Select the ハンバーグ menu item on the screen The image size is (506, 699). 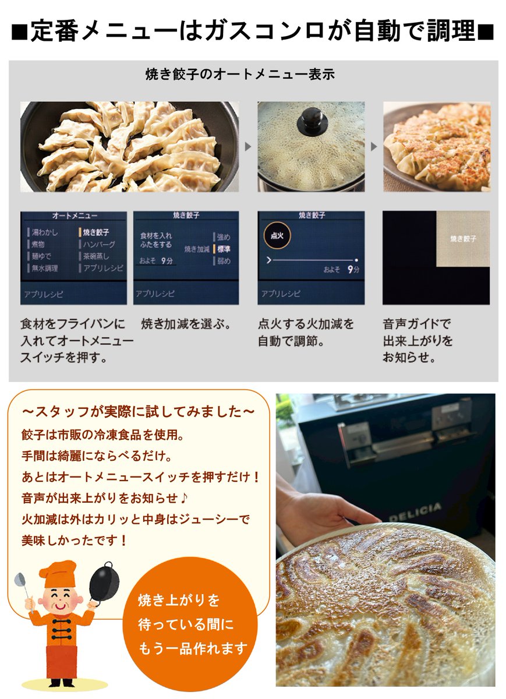(99, 245)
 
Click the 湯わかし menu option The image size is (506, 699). (44, 232)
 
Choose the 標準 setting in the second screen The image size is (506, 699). (224, 249)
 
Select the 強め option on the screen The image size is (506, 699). (224, 237)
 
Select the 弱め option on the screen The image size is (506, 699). (224, 262)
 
